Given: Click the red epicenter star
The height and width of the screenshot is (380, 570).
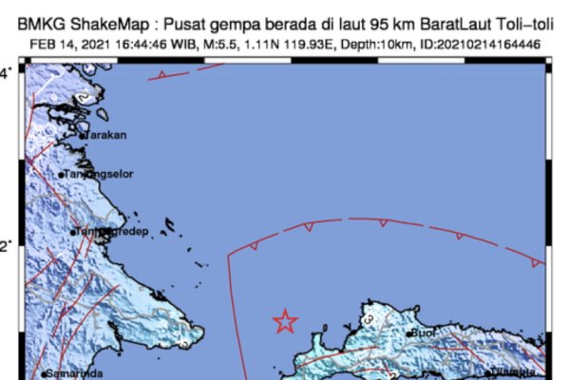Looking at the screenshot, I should pyautogui.click(x=284, y=322).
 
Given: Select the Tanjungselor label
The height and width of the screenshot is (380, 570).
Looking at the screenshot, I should pyautogui.click(x=99, y=175).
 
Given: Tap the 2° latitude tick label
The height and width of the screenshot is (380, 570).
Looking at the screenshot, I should pyautogui.click(x=7, y=246).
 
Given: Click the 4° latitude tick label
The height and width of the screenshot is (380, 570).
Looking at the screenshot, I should pyautogui.click(x=7, y=73).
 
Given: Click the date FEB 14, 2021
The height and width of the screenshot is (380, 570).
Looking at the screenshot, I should pyautogui.click(x=64, y=44).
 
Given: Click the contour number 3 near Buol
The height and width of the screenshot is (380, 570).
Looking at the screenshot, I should pyautogui.click(x=369, y=322).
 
